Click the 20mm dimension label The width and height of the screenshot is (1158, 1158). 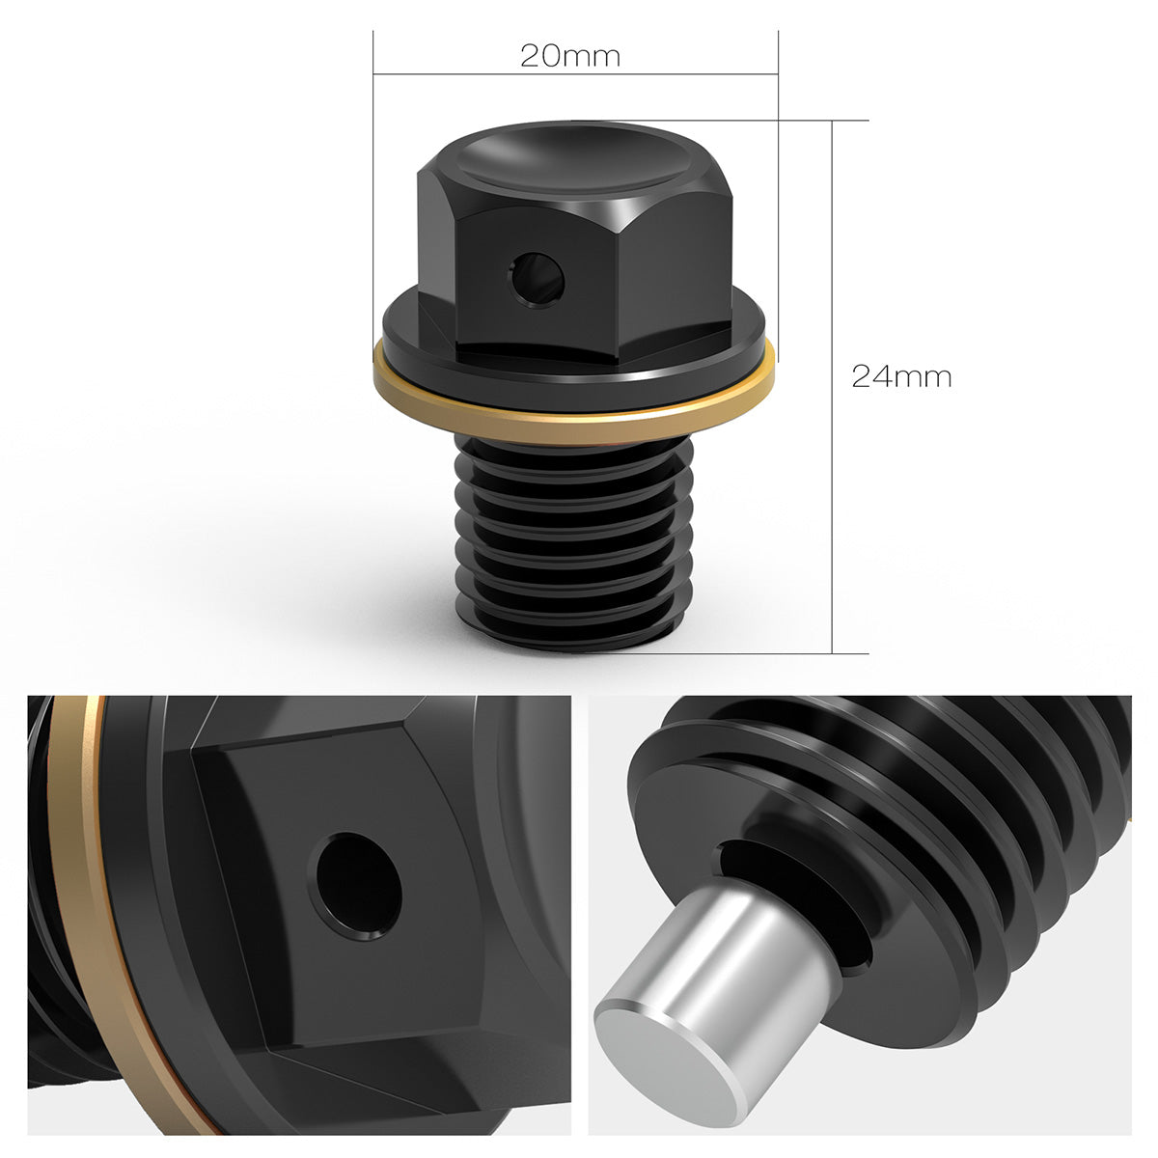point(569,56)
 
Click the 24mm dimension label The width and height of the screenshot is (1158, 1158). point(901,376)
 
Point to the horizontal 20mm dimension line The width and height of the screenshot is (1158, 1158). point(575,74)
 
